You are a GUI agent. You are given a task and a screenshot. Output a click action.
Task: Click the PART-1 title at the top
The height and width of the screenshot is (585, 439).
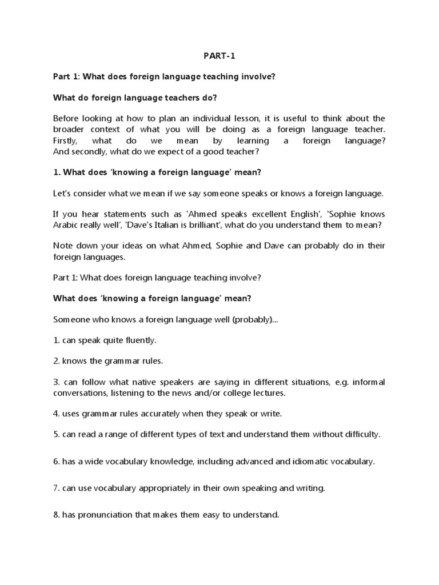click(x=219, y=56)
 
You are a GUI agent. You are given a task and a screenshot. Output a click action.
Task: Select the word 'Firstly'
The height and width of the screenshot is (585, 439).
click(x=67, y=141)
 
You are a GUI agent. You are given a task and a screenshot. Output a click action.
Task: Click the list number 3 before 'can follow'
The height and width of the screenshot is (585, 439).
click(x=56, y=382)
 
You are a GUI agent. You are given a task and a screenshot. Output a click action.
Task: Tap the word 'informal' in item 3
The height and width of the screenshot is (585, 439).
click(x=368, y=382)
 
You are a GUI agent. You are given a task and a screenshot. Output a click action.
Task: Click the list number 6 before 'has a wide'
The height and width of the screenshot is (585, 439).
click(x=56, y=462)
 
